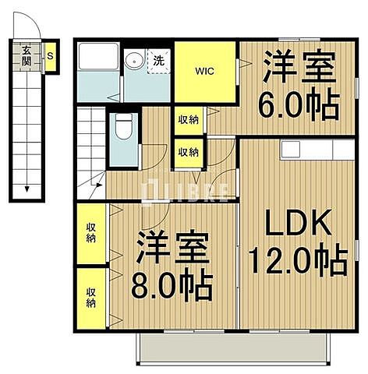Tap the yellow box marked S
tap(50, 56)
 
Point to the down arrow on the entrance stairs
tap(27, 187)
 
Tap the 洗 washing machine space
tap(158, 60)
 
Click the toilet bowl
tap(122, 129)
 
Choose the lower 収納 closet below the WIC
tap(186, 152)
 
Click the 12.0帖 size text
tap(298, 260)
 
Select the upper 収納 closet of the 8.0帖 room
tap(91, 232)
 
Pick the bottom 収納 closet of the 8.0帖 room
tap(91, 298)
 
